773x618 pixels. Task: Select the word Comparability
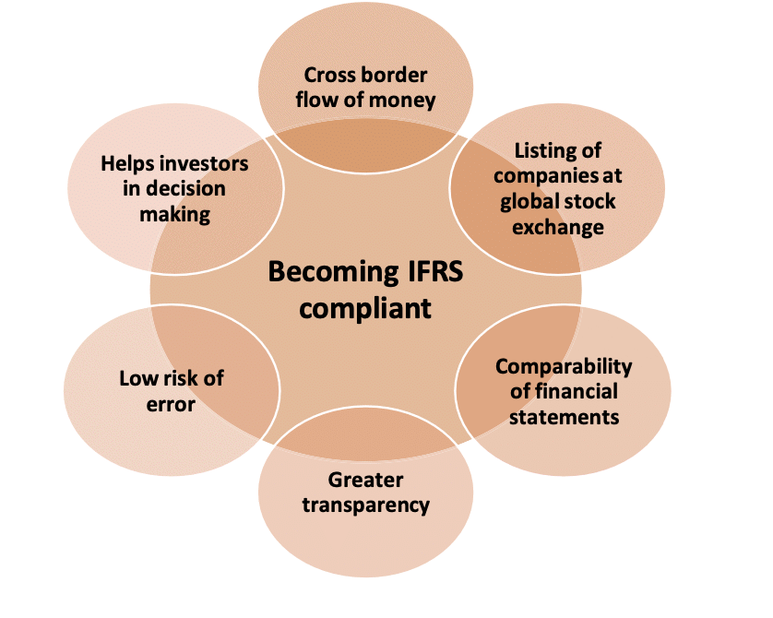pos(564,366)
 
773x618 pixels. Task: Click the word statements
pos(564,416)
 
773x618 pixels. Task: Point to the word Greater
pos(365,480)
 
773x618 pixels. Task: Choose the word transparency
pos(366,505)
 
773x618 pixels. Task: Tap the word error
pos(171,403)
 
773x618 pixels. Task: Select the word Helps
pos(128,164)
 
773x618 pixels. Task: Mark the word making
pos(175,214)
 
